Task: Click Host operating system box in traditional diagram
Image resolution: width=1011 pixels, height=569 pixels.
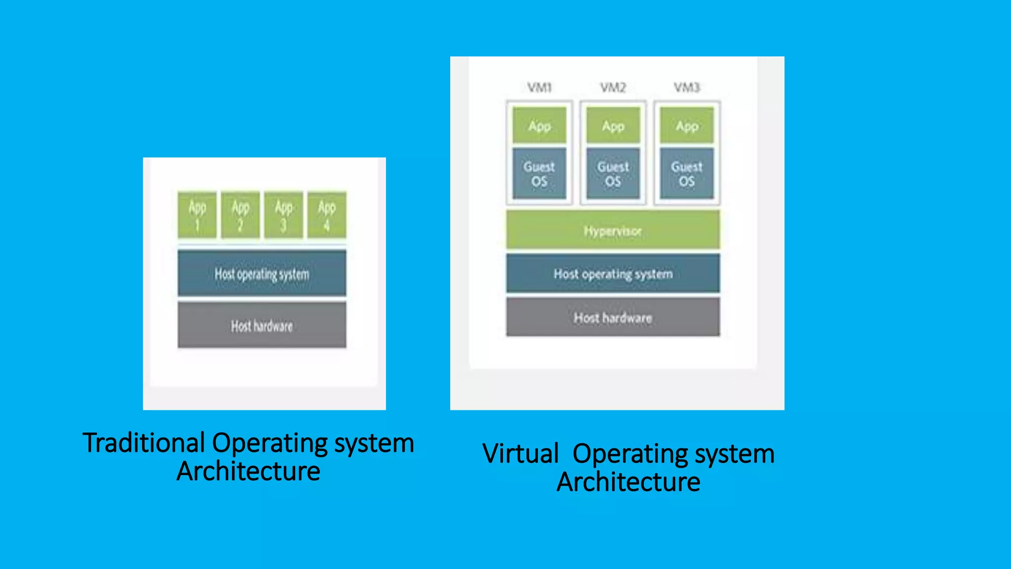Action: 262,274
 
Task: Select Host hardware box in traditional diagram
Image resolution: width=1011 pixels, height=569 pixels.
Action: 262,325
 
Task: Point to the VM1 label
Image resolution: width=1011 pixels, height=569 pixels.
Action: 539,88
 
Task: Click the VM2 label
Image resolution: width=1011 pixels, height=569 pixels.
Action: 613,88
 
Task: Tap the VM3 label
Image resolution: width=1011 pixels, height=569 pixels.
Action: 687,88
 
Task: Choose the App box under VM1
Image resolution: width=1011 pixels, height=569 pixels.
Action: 539,125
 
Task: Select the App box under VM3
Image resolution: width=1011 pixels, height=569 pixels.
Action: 687,125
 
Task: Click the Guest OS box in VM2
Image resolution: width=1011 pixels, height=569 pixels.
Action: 613,173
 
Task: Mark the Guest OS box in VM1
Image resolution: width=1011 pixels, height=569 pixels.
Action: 539,173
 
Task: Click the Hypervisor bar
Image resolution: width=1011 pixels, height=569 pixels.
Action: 613,230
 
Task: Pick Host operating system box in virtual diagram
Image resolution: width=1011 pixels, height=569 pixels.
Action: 613,274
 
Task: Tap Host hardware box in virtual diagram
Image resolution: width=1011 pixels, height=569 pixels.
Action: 613,317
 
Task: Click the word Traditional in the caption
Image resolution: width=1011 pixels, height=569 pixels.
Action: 144,443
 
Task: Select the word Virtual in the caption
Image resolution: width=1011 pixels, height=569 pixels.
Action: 520,454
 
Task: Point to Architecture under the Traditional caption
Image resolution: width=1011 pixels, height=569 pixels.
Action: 248,471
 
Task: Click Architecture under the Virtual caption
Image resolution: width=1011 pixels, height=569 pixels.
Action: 628,482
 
